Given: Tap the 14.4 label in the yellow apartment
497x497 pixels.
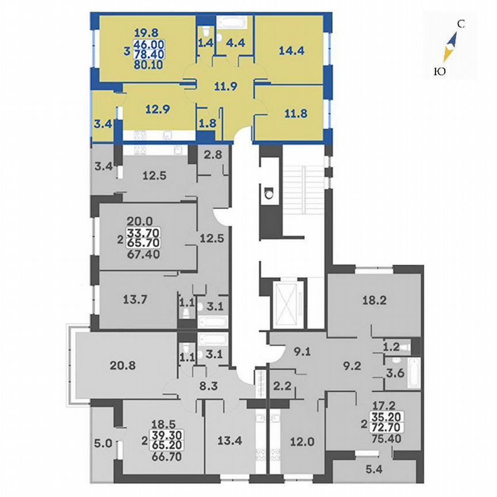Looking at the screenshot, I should click(290, 49).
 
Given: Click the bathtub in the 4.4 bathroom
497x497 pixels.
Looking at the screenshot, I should click(232, 23).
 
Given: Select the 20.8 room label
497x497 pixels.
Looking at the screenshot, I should click(123, 364).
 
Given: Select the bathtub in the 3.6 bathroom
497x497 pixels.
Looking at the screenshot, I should click(414, 374).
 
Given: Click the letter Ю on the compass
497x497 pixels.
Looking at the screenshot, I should click(439, 71).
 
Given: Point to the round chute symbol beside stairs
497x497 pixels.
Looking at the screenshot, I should click(269, 194).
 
